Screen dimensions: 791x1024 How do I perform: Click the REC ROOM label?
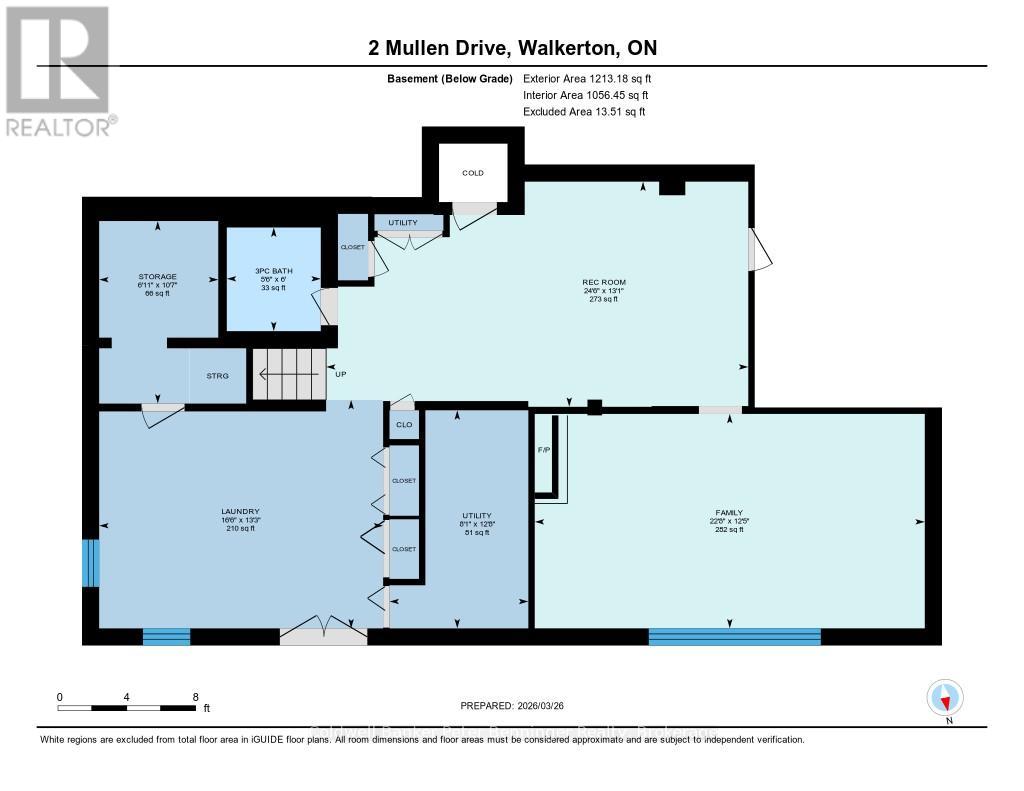(604, 283)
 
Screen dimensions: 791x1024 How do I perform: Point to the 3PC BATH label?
(272, 270)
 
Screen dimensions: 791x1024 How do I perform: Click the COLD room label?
(473, 173)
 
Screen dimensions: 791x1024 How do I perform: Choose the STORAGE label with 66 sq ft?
(158, 277)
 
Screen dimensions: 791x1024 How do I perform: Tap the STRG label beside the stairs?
(217, 376)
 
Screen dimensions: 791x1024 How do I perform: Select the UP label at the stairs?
(341, 374)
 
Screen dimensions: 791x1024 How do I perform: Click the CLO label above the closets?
(403, 425)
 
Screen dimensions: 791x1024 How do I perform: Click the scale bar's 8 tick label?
(196, 697)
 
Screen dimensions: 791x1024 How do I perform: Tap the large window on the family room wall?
(734, 636)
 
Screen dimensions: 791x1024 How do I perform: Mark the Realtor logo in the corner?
(58, 70)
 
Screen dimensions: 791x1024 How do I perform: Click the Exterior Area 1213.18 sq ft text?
(587, 78)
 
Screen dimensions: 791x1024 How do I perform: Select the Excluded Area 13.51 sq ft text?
(584, 112)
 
